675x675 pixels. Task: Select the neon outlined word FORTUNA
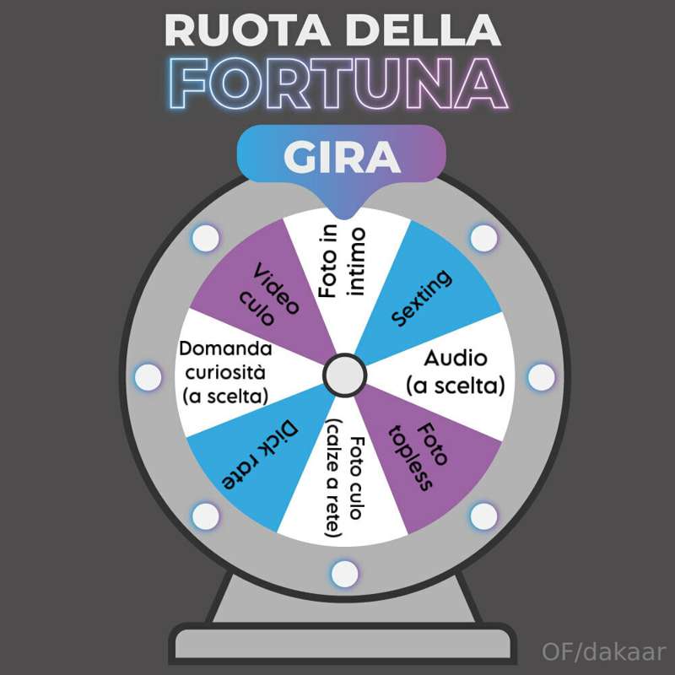[x=339, y=83]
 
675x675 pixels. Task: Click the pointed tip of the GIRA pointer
[x=344, y=219]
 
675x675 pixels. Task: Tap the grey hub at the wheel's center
[x=344, y=375]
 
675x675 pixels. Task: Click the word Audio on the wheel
[x=456, y=358]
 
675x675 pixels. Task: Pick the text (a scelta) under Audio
[x=456, y=386]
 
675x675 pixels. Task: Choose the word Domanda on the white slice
[x=225, y=348]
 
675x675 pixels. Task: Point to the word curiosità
[x=225, y=372]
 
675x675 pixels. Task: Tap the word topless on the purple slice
[x=410, y=459]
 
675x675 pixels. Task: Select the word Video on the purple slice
[x=276, y=288]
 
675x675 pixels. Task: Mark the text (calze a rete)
[x=333, y=478]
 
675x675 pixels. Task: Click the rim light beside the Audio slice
[x=541, y=377]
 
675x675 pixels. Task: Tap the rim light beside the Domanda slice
[x=148, y=377]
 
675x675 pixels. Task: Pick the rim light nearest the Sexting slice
[x=483, y=238]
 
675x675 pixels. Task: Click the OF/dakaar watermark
[x=604, y=651]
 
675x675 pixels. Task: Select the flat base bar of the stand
[x=343, y=643]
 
